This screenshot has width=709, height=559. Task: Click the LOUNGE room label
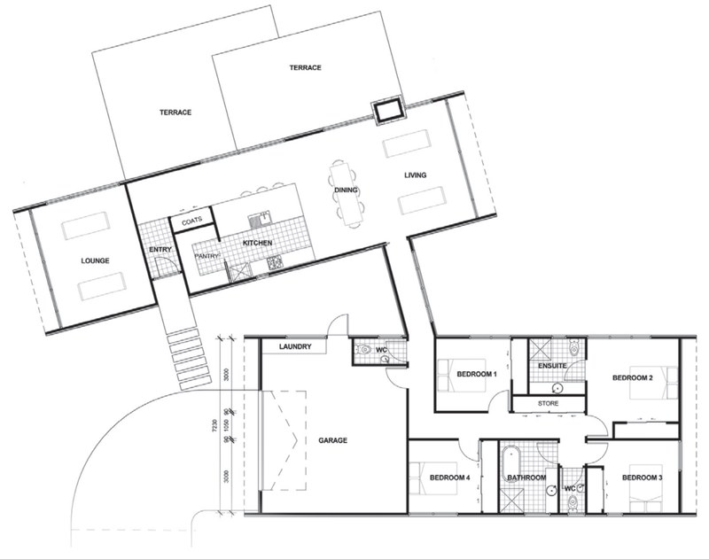(x=94, y=261)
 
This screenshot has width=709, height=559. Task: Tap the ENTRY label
(x=160, y=250)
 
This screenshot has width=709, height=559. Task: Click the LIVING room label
(x=415, y=175)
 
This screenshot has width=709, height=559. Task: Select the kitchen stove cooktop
(x=274, y=263)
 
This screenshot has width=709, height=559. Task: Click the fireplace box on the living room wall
(x=388, y=111)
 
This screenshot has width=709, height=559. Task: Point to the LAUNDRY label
(x=294, y=347)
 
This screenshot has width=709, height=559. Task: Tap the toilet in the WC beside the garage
(x=363, y=353)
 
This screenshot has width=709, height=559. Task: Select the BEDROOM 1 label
(x=477, y=374)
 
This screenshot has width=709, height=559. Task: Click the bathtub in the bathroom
(x=510, y=462)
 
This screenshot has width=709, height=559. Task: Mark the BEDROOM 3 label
(x=642, y=478)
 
